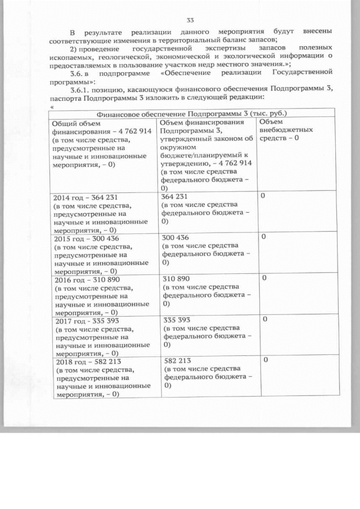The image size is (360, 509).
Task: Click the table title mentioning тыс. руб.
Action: coord(188,113)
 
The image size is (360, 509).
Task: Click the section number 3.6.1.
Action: coord(77,89)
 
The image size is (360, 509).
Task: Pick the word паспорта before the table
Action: coord(64,97)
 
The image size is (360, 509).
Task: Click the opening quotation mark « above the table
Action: coord(52,106)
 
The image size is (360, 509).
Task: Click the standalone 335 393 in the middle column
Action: coord(176,319)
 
